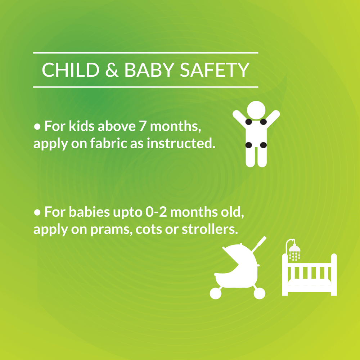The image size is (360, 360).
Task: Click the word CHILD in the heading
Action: point(71,70)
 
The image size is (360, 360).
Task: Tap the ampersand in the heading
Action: point(112,70)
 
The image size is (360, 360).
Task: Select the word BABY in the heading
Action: point(149,70)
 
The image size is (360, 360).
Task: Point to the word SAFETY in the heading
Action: point(215,70)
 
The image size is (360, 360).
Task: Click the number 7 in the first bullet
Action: point(143,126)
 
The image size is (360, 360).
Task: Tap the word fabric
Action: point(109,143)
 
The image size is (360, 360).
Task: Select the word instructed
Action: point(181,143)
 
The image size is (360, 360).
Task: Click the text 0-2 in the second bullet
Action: point(156,212)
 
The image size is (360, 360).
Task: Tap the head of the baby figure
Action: point(256,110)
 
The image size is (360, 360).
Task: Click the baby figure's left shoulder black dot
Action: point(249,122)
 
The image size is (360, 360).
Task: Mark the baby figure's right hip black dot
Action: point(264,145)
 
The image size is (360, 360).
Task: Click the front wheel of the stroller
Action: point(216,293)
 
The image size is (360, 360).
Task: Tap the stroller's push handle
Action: point(259,244)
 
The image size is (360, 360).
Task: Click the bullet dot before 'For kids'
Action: point(37,126)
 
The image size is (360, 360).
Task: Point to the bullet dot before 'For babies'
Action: point(37,212)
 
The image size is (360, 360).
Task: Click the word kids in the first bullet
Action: point(81,126)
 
